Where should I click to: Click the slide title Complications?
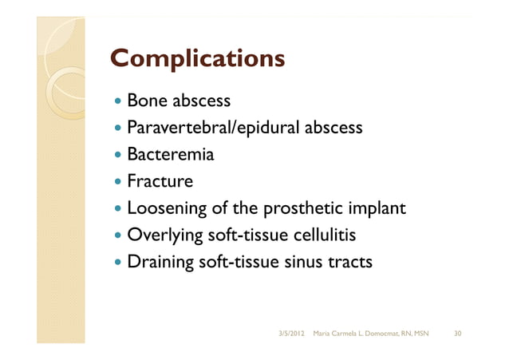click(x=197, y=58)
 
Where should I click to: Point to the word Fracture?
click(x=160, y=180)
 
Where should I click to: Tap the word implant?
click(x=379, y=208)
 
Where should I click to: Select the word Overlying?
click(x=164, y=235)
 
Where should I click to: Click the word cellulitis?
click(x=319, y=235)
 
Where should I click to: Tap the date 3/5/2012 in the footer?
click(x=290, y=331)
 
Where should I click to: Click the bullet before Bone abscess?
click(x=118, y=102)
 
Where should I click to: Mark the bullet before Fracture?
click(x=118, y=181)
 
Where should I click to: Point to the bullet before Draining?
click(x=118, y=261)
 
